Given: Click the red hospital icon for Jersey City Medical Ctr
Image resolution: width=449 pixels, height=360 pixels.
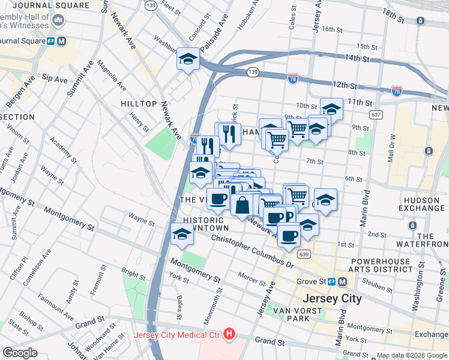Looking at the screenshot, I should pos(228,334).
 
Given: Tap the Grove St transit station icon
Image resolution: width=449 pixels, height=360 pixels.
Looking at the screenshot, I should pos(342,281).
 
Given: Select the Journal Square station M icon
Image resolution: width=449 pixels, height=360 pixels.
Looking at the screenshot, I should pos(62,41).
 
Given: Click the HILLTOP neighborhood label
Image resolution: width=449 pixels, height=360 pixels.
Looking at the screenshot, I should pos(139,104).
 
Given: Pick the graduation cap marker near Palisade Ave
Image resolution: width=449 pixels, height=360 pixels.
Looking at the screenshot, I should pos(188,59).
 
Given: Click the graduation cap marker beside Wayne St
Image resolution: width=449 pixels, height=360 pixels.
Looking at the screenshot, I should pos(182,235).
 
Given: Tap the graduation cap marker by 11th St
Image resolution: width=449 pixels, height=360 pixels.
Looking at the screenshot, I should pos(331,109).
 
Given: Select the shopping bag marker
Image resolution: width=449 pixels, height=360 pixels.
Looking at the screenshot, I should pos(241,205).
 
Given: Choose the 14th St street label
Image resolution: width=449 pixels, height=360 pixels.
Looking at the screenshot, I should pos(356,58).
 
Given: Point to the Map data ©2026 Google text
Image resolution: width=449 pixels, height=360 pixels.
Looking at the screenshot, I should pos(412,355).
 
